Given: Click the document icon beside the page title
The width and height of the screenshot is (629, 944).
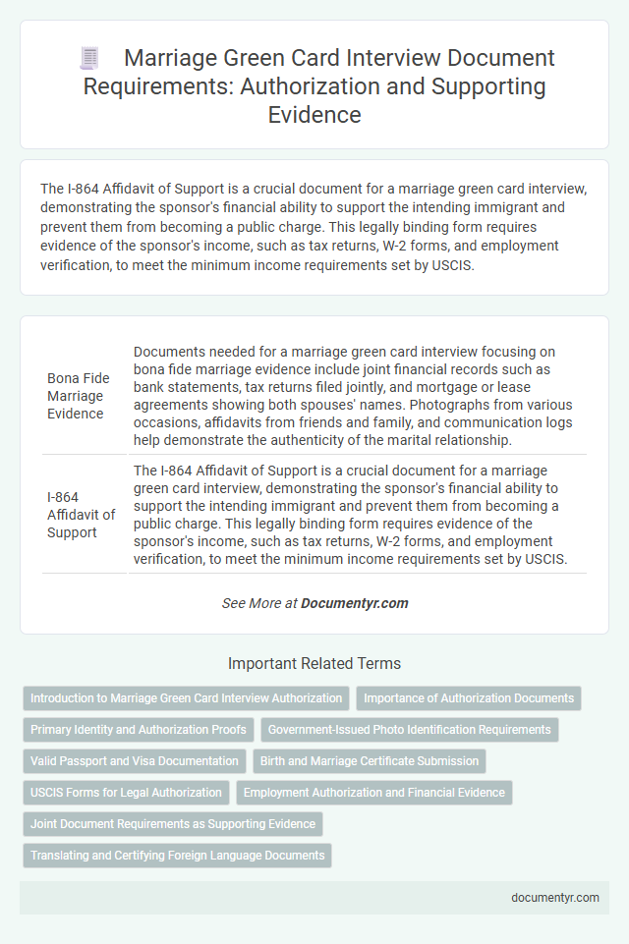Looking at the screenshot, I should pos(89,59).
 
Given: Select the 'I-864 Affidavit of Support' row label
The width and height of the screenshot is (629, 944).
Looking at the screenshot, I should pos(81,515).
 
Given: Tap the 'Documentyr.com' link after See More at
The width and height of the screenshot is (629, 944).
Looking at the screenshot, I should pos(355,603).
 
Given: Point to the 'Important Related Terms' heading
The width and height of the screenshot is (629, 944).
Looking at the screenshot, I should pos(314,663).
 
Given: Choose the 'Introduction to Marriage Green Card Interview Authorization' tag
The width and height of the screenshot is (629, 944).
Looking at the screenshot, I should pos(186,698).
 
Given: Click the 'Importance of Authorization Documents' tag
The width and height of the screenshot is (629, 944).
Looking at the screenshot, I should pos(469,698).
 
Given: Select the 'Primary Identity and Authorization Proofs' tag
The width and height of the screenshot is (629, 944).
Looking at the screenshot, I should pos(139,730).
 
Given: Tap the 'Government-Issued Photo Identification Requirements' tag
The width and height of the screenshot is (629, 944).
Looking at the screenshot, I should pos(409,730).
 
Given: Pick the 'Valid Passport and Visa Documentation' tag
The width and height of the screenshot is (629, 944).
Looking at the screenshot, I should pos(134,761).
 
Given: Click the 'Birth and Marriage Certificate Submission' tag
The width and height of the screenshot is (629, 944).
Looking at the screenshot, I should pos(370,761).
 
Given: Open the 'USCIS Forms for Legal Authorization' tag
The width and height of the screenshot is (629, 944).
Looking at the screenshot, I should pos(127,793).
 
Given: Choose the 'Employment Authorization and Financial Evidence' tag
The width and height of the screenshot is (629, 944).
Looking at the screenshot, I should pos(374,793).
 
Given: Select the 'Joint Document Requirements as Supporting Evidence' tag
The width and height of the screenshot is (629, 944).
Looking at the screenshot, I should pos(173,824).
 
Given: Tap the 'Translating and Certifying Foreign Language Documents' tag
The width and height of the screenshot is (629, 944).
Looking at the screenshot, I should pos(177,856).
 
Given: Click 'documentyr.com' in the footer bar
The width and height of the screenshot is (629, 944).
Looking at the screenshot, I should pos(555,897).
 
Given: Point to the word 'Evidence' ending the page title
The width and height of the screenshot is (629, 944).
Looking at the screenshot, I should pos(314,116).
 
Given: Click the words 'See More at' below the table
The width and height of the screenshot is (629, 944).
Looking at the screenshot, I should pos(259,603).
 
